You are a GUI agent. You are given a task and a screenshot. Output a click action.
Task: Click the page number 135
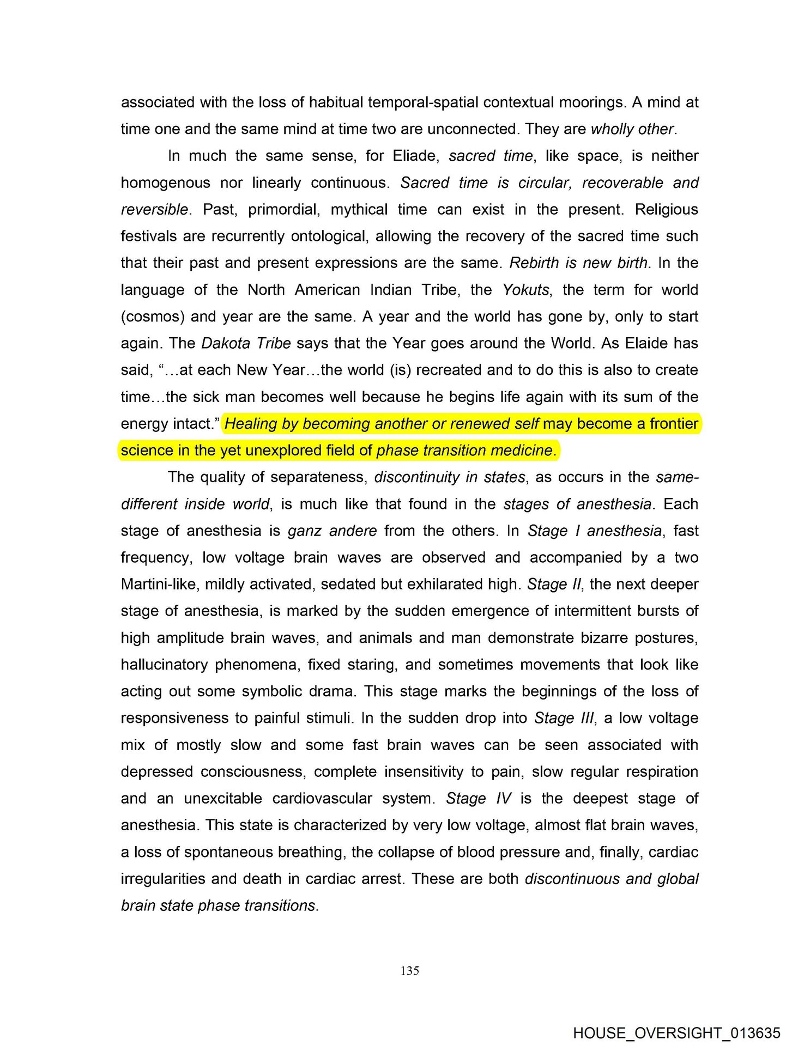[x=409, y=970]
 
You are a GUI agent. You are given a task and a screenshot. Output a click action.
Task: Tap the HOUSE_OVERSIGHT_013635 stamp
[x=676, y=1033]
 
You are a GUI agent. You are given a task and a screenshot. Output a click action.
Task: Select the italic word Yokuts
[x=525, y=290]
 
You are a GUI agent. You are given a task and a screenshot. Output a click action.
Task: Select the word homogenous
[x=165, y=183]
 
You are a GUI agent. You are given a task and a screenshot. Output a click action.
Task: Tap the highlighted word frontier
[x=674, y=423]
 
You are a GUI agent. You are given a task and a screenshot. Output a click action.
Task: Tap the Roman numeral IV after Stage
[x=504, y=798]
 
